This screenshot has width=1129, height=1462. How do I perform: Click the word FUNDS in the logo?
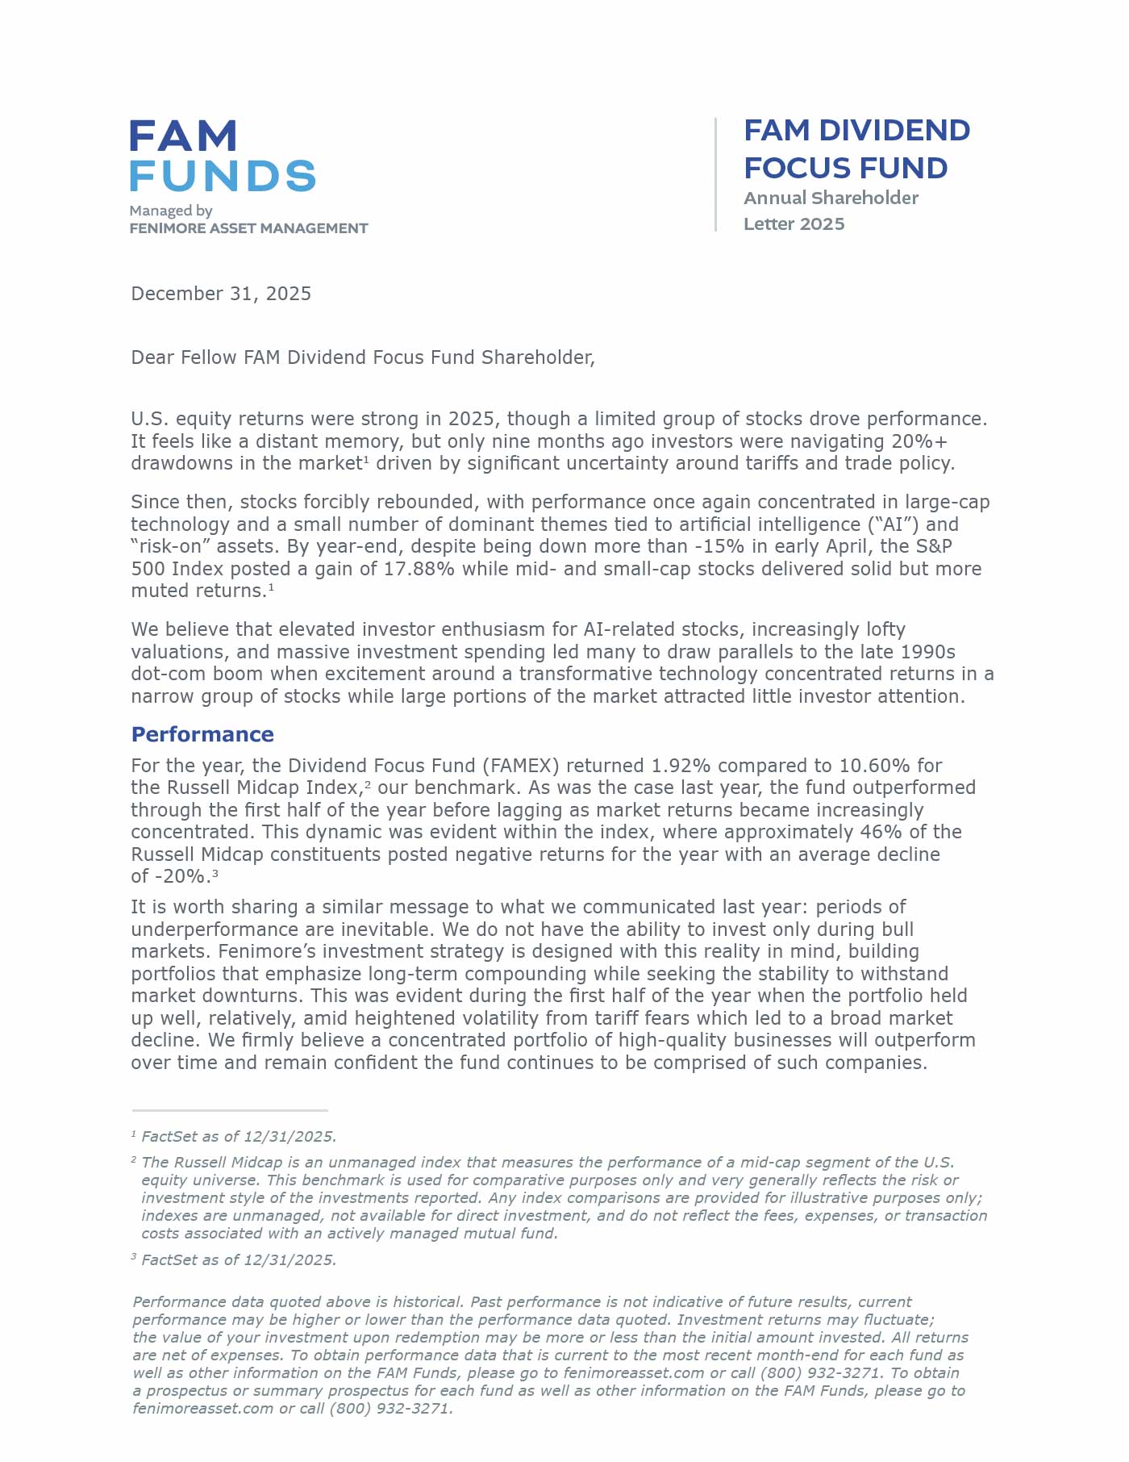(223, 176)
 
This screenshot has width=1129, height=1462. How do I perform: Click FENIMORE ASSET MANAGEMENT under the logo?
(248, 228)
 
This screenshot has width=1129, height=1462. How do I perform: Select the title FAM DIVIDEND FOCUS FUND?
(856, 149)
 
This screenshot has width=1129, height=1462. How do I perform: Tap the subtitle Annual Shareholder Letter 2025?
(831, 211)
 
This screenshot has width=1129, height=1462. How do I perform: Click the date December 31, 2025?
(221, 294)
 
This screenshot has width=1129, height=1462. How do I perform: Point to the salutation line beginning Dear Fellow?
(363, 357)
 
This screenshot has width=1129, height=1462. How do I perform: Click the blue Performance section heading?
(202, 734)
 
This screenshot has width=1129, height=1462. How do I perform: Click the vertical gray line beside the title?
(715, 174)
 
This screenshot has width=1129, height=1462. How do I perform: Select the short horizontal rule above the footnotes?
(230, 1111)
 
